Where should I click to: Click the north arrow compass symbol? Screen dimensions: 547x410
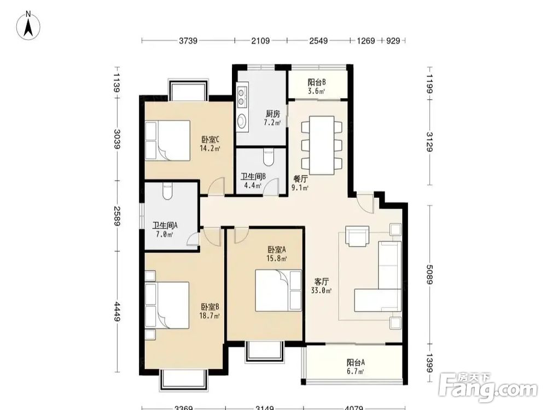(28, 25)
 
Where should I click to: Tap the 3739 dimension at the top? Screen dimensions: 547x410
(188, 41)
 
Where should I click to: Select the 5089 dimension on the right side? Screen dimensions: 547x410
(430, 274)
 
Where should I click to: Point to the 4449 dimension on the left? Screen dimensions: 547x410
(117, 312)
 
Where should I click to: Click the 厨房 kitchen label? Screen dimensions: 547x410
(273, 114)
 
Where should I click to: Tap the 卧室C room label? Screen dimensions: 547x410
(210, 140)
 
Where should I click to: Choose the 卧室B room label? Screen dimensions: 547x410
(210, 307)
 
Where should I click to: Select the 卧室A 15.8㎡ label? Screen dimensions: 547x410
(277, 254)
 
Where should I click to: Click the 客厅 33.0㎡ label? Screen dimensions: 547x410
(321, 286)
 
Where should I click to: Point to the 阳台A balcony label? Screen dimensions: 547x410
(356, 362)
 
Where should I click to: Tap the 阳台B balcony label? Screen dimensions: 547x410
(317, 83)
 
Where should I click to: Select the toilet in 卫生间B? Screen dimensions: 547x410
(268, 157)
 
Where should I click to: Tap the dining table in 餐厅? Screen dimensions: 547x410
(322, 145)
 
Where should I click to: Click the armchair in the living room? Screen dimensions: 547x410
(357, 236)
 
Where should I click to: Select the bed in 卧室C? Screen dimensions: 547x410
(168, 140)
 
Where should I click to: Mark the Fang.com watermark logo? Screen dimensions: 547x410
(488, 388)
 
